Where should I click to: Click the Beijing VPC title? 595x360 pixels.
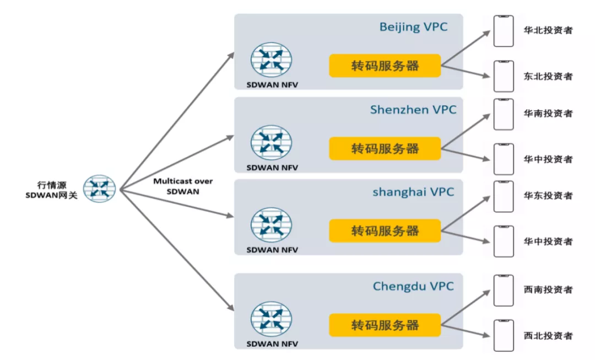coord(413,27)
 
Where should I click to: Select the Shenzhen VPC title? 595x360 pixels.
coord(413,110)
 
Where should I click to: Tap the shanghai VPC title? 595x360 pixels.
coord(413,192)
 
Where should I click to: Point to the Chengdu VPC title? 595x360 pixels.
coord(413,286)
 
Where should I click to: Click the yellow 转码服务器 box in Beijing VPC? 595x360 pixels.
coord(385,66)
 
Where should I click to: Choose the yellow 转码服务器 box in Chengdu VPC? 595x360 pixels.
coord(385,325)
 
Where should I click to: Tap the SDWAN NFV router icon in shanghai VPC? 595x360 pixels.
coord(272,225)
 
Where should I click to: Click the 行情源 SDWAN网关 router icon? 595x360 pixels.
coord(100,189)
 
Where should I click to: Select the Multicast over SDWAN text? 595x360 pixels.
coord(183,186)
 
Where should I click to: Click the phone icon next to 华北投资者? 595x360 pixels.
coord(503,31)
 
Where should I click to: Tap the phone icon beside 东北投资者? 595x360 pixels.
coord(503,76)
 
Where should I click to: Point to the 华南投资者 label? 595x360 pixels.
coord(548,114)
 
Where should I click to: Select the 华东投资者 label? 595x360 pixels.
coord(548,196)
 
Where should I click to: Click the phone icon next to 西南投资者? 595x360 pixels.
coord(503,290)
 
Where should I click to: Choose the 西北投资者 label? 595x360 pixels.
coord(548,335)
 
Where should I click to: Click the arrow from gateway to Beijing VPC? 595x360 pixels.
coord(176,121)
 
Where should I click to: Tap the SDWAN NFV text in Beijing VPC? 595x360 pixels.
coord(272,84)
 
